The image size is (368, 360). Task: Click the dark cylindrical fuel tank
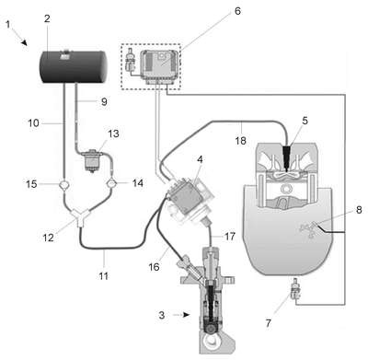75,66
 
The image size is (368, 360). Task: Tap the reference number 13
113,134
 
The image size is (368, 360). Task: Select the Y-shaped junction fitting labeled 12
79,216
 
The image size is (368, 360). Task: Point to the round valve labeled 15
65,185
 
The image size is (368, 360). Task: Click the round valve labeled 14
111,184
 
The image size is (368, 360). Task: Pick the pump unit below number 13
93,160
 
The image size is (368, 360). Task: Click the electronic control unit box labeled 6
159,66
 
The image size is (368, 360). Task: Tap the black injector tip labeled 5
286,157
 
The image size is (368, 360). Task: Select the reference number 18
241,141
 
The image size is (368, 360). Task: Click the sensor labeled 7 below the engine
295,290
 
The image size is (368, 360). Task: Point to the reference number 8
359,210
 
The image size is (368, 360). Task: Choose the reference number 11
104,276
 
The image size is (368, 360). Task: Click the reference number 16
154,267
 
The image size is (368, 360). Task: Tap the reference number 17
230,236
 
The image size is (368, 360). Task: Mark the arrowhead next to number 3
186,315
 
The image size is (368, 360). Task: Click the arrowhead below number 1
24,42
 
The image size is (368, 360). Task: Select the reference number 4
200,159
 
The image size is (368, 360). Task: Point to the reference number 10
33,123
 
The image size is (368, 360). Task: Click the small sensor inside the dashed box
131,62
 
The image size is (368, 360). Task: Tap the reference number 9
104,101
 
